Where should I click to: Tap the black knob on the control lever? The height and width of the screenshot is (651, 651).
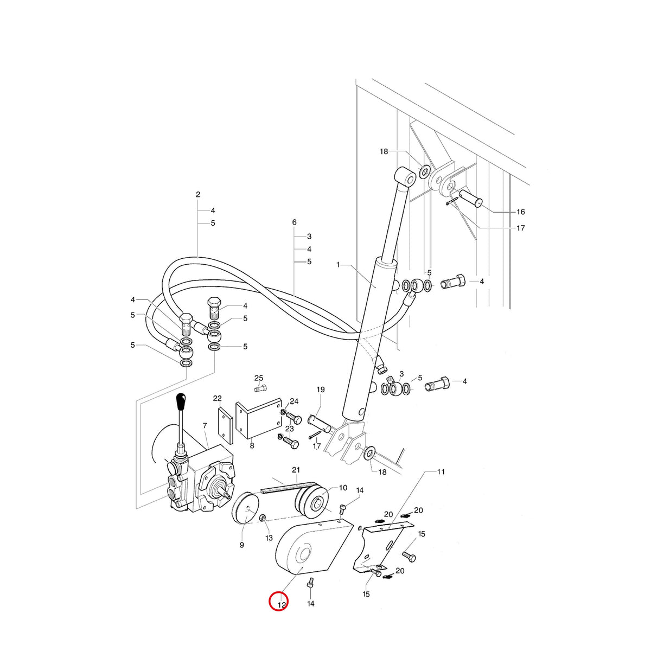point(182,401)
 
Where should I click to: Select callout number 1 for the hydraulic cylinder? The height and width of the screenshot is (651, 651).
point(338,265)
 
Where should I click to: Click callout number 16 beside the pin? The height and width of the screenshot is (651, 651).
point(521,212)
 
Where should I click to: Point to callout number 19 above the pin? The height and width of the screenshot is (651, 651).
point(321,390)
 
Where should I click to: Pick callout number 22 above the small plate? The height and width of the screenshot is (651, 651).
point(217,399)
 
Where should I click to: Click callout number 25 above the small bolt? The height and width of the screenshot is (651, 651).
point(259,378)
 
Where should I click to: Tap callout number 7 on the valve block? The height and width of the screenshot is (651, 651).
point(205,426)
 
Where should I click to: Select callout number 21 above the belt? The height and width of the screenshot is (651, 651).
point(296,470)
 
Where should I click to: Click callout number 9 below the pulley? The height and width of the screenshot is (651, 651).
point(241,545)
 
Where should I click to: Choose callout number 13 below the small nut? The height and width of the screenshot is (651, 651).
point(269,538)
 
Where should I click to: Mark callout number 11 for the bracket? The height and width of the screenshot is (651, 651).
point(441,471)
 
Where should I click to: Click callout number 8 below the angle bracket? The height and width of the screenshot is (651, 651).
point(252,446)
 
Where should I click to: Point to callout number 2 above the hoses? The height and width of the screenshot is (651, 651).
point(198,195)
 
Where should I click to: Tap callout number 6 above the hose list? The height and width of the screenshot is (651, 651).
point(294,222)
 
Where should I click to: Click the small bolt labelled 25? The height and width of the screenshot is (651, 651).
point(260,388)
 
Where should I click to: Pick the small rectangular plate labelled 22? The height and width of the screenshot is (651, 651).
point(225,425)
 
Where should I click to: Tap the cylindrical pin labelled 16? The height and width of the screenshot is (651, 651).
point(470,199)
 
